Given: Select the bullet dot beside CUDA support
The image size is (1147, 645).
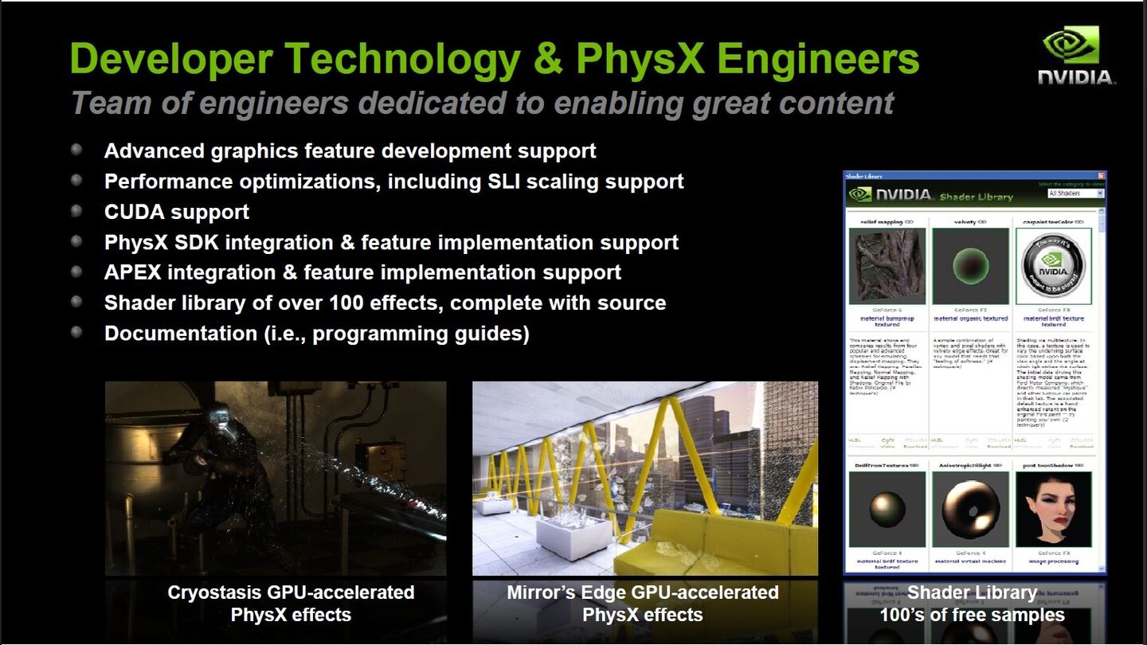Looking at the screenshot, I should (x=76, y=211).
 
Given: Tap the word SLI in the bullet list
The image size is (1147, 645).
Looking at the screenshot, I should (x=506, y=182).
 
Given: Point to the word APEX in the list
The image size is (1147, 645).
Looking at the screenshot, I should (x=133, y=272).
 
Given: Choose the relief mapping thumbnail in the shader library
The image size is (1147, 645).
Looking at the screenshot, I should (x=887, y=266).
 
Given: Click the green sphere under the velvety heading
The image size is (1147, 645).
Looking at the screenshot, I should (x=969, y=265).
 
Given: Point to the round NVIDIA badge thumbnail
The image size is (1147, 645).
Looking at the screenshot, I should (x=1053, y=266).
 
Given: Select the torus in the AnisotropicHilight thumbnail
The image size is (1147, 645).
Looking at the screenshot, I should (x=969, y=510).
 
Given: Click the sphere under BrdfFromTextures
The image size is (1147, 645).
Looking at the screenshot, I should (x=887, y=510).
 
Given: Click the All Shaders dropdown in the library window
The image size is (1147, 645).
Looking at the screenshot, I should (x=1076, y=193).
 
